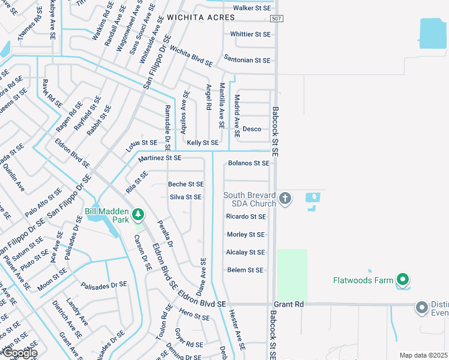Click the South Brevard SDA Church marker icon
point(285,198)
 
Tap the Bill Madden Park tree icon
point(138,214)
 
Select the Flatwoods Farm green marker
point(403,280)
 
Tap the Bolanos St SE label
point(249,163)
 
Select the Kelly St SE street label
point(202,143)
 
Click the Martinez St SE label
point(160,158)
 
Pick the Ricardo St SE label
point(246,217)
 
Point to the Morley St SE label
point(246,235)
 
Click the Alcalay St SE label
point(245,253)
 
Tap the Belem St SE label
point(246,271)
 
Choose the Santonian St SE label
point(247,61)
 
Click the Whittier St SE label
point(250,34)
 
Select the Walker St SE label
point(252,8)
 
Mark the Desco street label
point(252,129)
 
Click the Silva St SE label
point(185,197)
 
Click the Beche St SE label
point(186,184)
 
